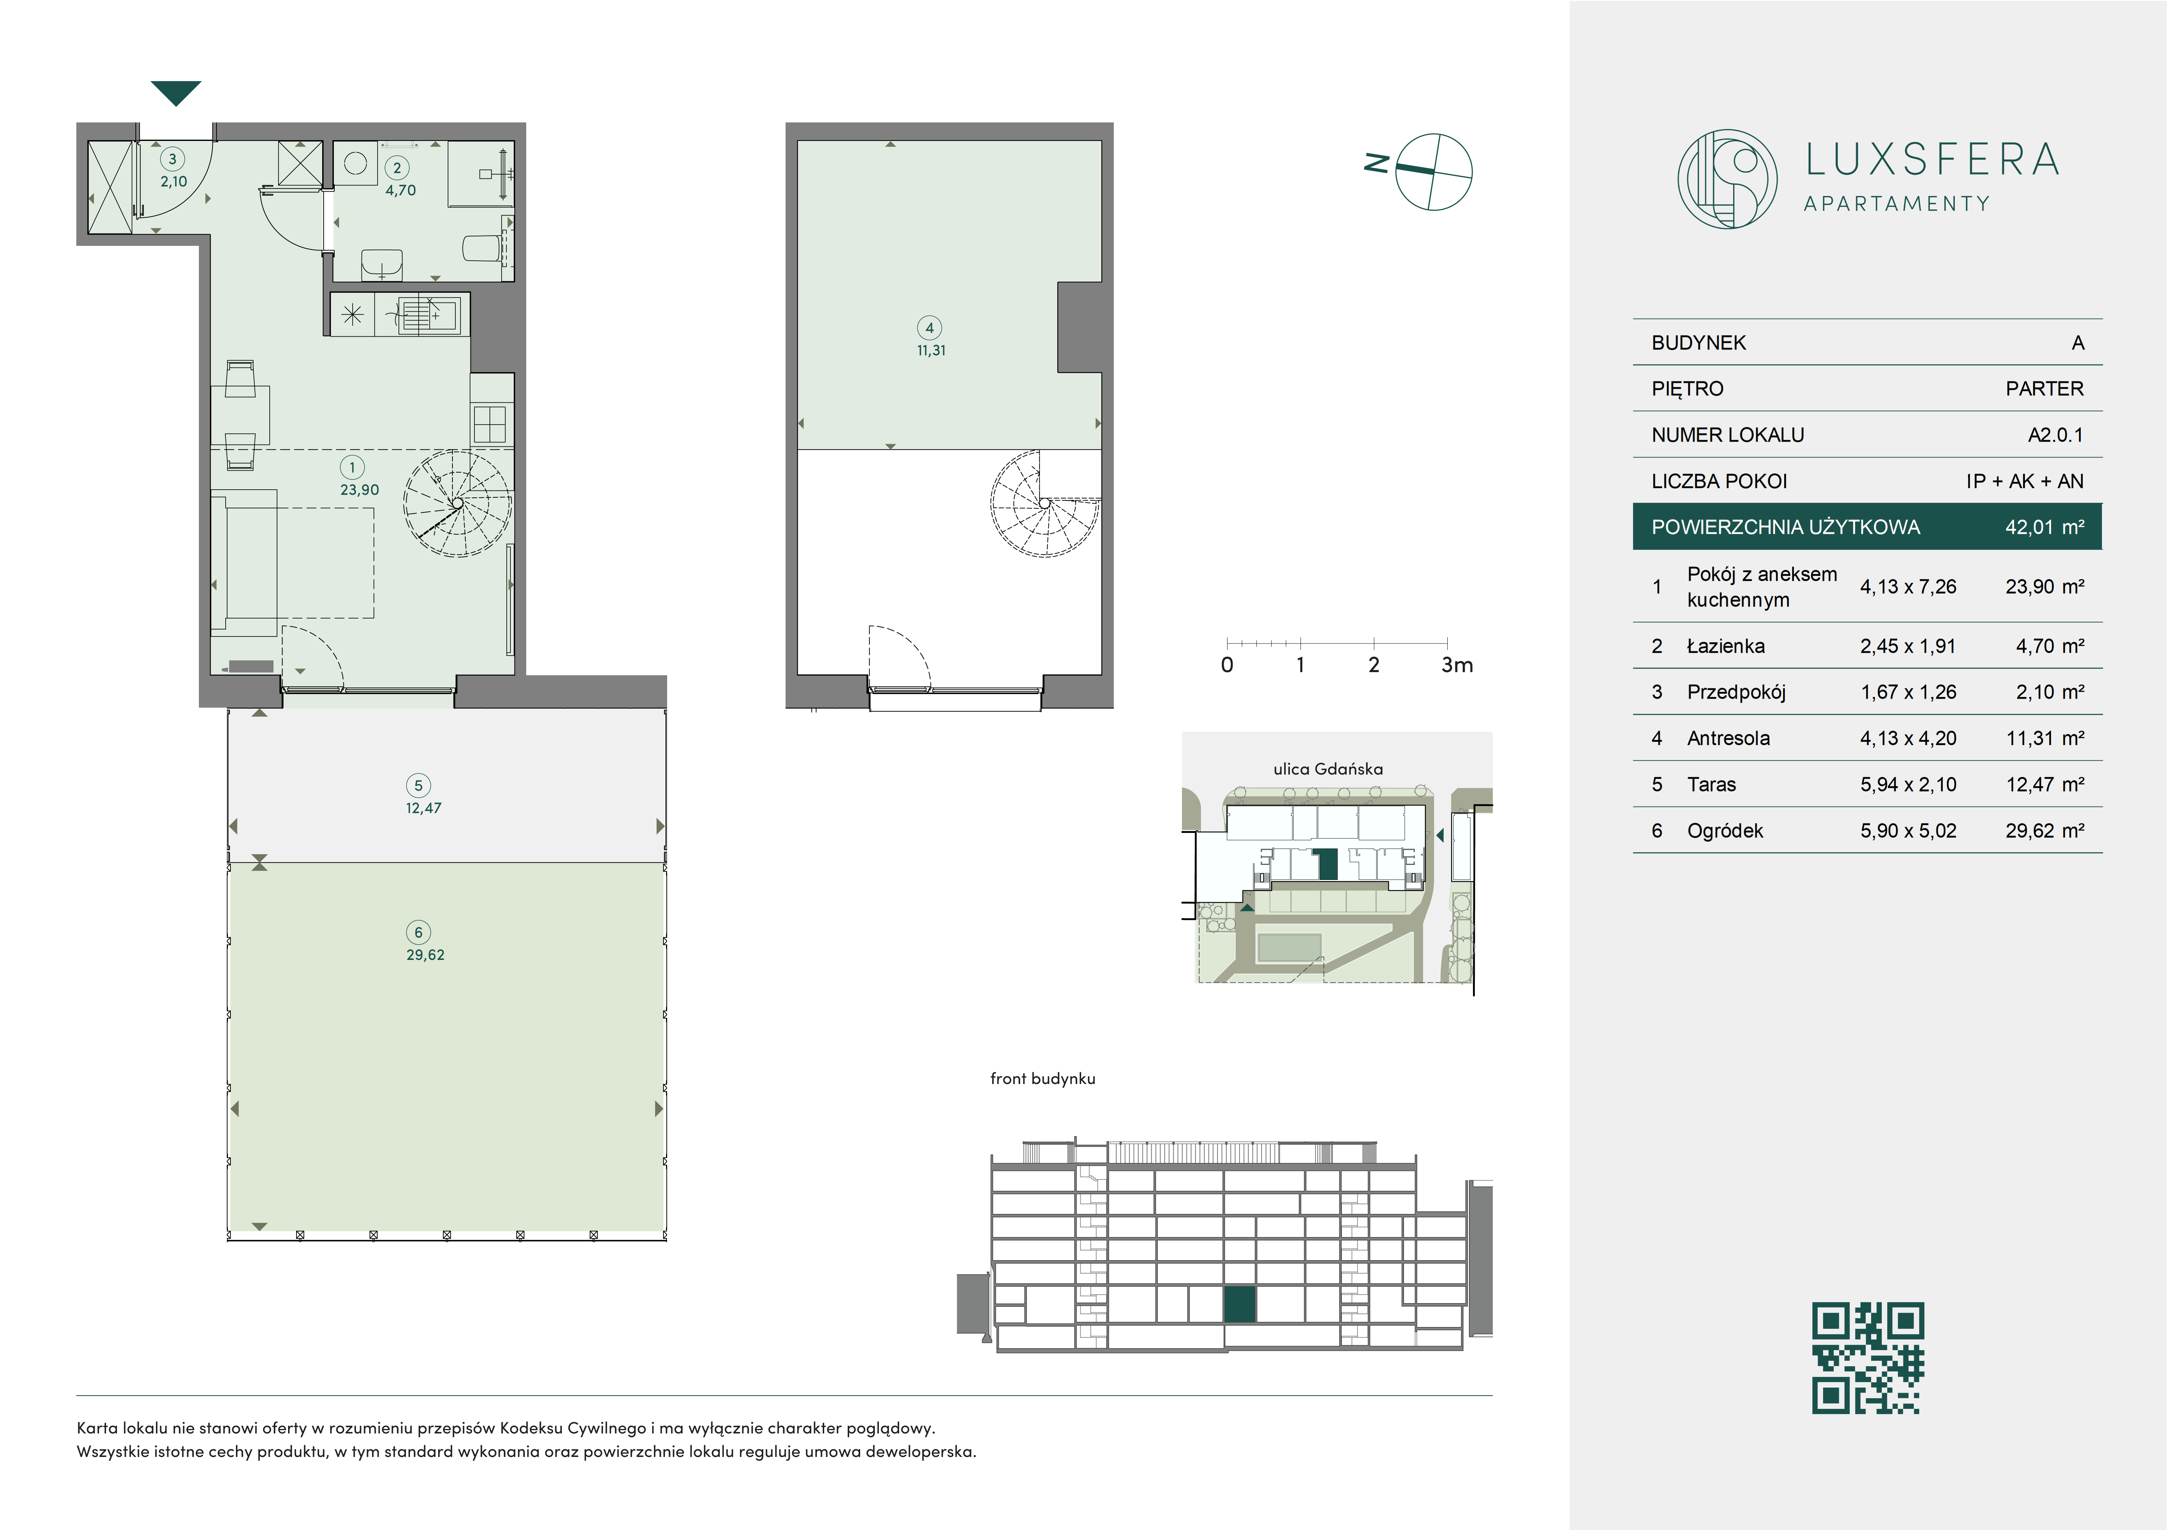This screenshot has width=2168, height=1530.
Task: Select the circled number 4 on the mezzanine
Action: coord(929,328)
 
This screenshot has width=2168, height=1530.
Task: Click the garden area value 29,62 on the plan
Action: coord(425,955)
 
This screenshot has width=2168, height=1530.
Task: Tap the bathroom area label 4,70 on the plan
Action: coord(400,190)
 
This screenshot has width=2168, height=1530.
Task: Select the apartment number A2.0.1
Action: coord(2056,435)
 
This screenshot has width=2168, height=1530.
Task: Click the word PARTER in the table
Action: coord(2044,389)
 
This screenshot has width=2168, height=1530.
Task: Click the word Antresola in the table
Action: coord(1728,739)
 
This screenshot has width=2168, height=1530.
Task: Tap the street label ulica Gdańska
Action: coord(1328,769)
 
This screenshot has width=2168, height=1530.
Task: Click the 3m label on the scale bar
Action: coord(1457,665)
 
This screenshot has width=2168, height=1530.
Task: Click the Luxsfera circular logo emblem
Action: coord(1727,178)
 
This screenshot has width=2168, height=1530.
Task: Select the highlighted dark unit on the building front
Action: coord(1240,1304)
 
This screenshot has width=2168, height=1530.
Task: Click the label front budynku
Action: coord(1043,1078)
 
